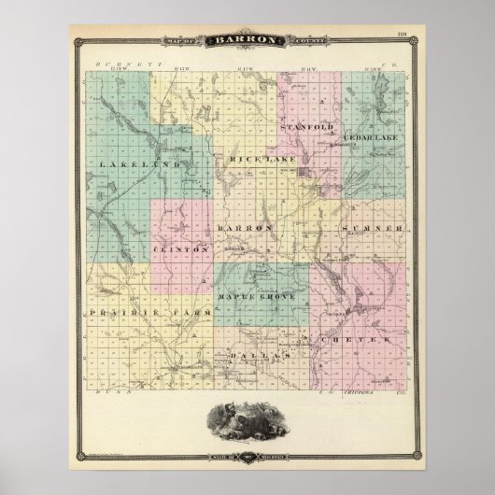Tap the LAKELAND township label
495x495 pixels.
point(124,163)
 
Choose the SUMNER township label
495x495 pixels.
point(373,227)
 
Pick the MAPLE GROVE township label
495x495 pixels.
point(256,296)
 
